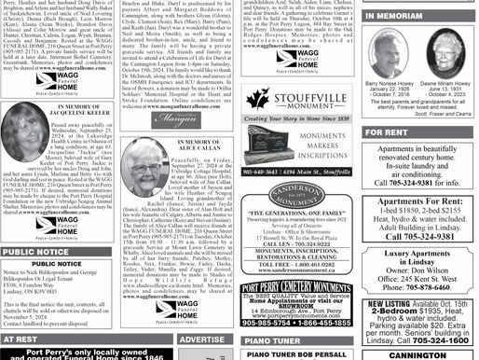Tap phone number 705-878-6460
click(x=417, y=287)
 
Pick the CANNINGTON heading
click(x=417, y=354)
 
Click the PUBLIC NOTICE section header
click(x=35, y=252)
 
